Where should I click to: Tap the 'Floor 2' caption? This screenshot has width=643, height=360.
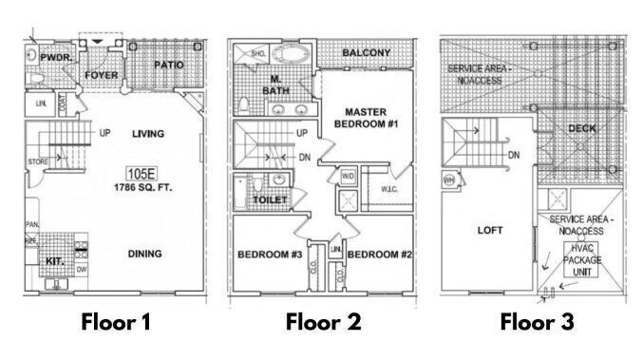tap(323, 322)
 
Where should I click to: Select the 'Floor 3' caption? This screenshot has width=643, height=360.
tap(538, 322)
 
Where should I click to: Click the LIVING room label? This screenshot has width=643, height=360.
tap(150, 134)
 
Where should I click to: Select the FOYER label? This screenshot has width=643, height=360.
tap(101, 74)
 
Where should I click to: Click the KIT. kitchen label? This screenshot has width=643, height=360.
tap(54, 258)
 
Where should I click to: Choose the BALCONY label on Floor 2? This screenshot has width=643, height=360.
tap(365, 53)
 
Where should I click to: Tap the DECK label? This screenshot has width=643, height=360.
tap(580, 129)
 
